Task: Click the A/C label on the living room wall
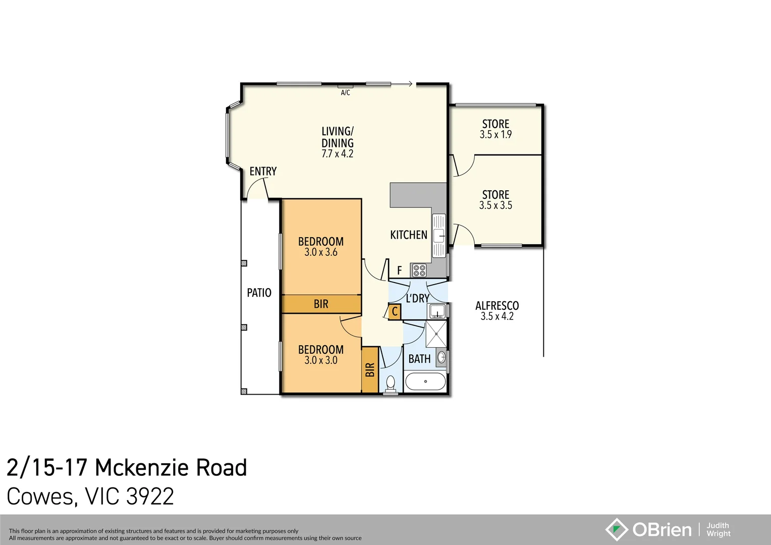coord(345,92)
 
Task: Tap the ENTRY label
coord(263,172)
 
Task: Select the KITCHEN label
coord(409,235)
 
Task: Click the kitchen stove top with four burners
coord(419,270)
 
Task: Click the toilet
coord(391,384)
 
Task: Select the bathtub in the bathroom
coord(425,381)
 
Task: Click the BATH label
coord(419,359)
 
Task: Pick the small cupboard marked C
coord(395,312)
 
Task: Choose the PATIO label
coord(259,293)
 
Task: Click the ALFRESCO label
coord(497,306)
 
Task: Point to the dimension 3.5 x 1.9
coord(495,135)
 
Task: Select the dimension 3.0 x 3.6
coord(320,252)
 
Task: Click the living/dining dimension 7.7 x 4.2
coord(337,154)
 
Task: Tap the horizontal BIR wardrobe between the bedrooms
coord(321,304)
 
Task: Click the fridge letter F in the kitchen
coord(399,271)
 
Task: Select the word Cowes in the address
coord(40,497)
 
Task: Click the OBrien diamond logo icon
coord(616,529)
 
